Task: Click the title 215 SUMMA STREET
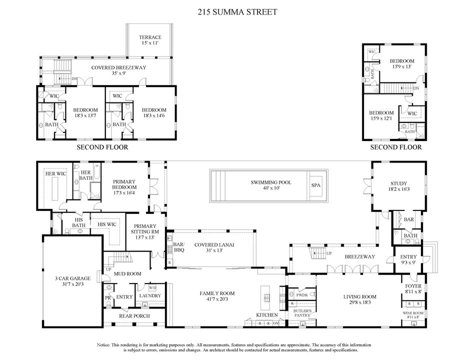point(237,12)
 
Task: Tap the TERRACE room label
point(150,37)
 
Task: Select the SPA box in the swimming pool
point(316,185)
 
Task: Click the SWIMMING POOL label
point(271,182)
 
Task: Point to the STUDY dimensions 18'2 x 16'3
point(399,189)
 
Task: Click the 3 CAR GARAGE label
point(73,278)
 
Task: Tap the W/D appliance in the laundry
point(152,288)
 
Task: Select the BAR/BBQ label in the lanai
point(179,247)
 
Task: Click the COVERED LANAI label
point(214,245)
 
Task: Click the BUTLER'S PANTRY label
point(302,313)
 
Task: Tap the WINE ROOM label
point(413,313)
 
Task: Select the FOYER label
point(413,286)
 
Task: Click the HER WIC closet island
point(55,189)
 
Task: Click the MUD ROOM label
point(128,274)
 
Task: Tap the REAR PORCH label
point(134,316)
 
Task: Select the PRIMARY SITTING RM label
point(145,229)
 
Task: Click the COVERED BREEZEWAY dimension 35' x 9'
point(118,73)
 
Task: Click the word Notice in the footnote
point(103,345)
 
